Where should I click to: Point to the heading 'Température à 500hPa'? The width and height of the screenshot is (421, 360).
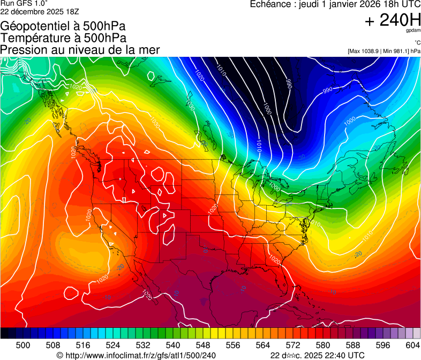coord(63,38)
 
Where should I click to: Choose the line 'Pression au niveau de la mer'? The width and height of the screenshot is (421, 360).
coord(80,50)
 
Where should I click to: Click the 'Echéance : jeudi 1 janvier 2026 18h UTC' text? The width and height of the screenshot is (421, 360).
coord(335,4)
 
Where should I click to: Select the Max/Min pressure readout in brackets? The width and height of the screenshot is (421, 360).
coord(384,51)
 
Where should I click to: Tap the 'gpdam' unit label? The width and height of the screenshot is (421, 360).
coord(413,32)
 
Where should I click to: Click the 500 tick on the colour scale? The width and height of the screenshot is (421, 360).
coord(23,344)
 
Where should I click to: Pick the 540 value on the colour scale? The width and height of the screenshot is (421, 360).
coord(173,344)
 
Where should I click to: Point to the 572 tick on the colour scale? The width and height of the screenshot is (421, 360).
coord(293,344)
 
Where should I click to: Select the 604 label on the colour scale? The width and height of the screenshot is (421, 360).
coord(413,344)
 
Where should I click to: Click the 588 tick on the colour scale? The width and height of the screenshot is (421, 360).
coord(353,344)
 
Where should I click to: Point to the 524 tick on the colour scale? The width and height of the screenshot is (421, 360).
coord(113,344)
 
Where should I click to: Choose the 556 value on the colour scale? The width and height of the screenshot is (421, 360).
coord(233,344)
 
